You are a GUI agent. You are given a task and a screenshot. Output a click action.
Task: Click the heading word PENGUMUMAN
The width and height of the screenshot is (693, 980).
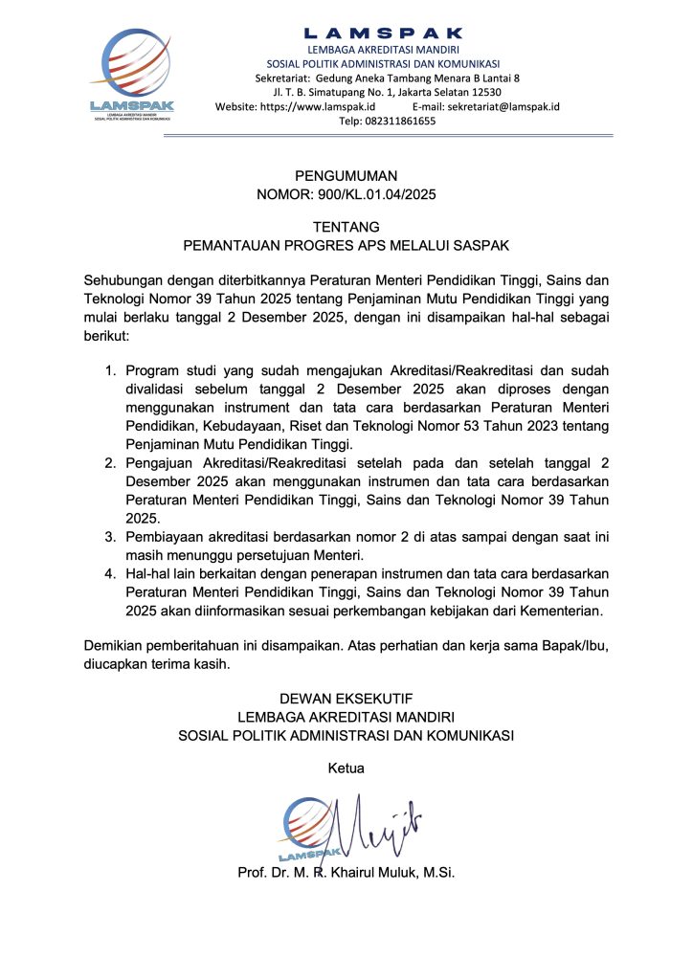coord(346,176)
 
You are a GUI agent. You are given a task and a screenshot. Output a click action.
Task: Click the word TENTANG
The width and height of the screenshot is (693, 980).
coord(346,227)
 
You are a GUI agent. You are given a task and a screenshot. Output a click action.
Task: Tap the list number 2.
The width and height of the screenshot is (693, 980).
coord(108,463)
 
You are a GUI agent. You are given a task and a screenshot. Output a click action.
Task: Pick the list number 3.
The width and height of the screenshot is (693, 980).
coord(108,537)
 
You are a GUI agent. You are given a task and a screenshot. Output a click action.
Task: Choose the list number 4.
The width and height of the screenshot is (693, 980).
coord(108,574)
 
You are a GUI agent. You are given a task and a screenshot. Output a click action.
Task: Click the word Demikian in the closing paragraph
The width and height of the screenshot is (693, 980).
coord(115,646)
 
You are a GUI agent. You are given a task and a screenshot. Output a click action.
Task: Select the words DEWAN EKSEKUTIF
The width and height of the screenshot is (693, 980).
coord(346,699)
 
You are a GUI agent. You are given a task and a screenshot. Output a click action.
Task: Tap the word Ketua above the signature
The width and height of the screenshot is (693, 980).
coord(346,768)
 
